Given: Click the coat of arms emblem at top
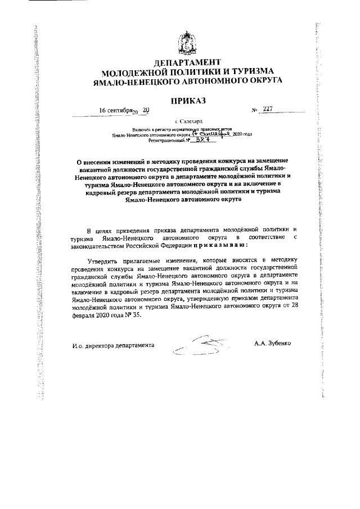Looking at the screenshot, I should pos(186,43).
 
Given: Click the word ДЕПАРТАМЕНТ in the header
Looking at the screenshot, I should pos(186,61).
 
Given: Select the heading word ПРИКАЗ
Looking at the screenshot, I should pos(186,101).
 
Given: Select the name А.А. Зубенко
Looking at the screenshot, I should pos(273,343).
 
